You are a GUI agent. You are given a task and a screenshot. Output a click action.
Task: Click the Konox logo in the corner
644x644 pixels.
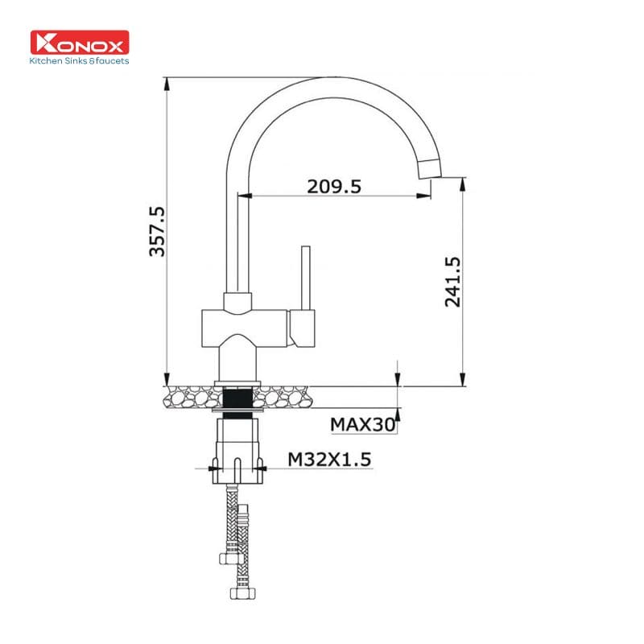pos(79,43)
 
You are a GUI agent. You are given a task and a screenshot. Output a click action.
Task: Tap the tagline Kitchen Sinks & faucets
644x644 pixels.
pos(79,60)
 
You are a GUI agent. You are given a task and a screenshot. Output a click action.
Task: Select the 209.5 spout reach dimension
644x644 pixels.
pos(333,186)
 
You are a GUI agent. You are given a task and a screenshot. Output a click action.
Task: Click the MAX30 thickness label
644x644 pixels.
pos(363,423)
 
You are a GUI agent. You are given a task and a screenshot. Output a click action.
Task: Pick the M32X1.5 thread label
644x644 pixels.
pos(329,459)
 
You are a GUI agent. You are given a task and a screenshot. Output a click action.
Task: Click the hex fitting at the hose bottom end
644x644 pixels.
pos(238,593)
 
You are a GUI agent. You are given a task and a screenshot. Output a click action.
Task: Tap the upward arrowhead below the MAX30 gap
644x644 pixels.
pos(397,415)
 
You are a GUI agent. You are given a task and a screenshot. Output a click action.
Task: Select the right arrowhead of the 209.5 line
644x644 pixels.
pos(424,195)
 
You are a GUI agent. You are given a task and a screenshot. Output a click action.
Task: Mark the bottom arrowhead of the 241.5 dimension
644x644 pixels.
pos(462,380)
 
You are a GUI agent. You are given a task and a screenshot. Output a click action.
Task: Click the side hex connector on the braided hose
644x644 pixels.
pos(227,558)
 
